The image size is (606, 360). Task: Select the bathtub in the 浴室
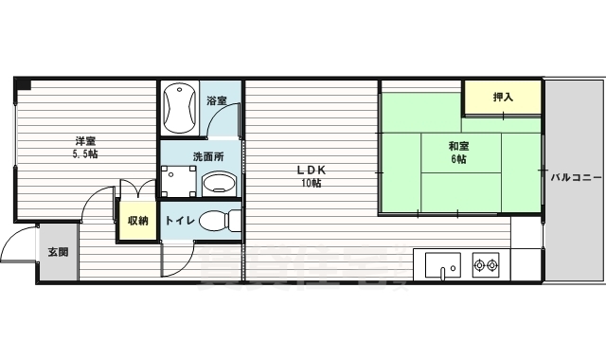[x=179, y=109]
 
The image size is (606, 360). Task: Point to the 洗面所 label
[x=207, y=156]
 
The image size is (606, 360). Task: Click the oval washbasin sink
[x=221, y=183]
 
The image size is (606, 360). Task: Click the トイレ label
[x=180, y=221]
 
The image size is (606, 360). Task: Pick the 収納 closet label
[x=138, y=221]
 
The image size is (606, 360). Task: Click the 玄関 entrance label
[x=57, y=253]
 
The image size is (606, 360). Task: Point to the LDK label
[x=311, y=170]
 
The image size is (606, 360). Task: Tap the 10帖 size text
[x=311, y=184]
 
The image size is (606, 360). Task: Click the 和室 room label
[x=459, y=146]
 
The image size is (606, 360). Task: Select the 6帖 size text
[x=459, y=160]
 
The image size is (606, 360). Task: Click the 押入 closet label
[x=503, y=97]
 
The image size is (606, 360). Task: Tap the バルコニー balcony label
[x=574, y=176]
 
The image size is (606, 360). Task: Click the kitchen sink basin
[x=442, y=264]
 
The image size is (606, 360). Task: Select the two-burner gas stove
[x=487, y=264]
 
